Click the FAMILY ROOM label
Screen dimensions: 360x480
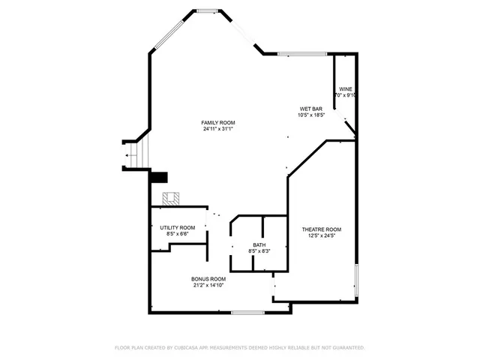[x=218, y=122]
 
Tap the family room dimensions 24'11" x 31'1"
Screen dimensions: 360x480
[x=218, y=129]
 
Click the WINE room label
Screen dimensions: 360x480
[x=346, y=89]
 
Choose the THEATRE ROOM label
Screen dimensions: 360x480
[x=322, y=229]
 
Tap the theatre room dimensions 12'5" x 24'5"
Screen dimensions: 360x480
[x=322, y=235]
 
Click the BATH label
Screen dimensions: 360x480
[x=259, y=244]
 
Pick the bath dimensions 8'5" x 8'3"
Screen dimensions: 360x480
[x=259, y=251]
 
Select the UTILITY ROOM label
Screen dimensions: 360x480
[x=177, y=227]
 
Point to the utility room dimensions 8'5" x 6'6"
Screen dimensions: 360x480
[x=177, y=234]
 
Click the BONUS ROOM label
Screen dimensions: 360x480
[x=208, y=278]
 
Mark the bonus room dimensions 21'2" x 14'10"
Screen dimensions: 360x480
[x=208, y=285]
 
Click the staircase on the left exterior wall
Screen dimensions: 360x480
[x=133, y=155]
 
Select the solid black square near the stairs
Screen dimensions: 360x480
[x=158, y=178]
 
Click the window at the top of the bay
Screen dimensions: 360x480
[x=208, y=10]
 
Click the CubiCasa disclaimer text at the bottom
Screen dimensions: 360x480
[x=240, y=348]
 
